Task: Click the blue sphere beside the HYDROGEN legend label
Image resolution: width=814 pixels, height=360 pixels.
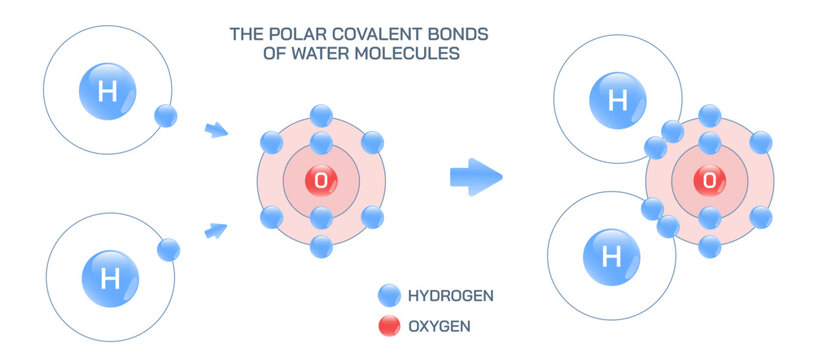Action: (389, 295)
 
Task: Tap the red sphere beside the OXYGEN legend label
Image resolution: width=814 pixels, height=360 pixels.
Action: (389, 326)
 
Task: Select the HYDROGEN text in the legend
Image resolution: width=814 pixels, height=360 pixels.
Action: (450, 295)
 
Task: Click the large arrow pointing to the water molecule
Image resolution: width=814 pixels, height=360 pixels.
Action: (474, 177)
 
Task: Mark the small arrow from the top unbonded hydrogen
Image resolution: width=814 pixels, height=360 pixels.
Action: (215, 130)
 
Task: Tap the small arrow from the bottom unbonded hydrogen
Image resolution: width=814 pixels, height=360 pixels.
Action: (215, 231)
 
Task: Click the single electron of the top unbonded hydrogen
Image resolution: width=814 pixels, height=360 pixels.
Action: (166, 116)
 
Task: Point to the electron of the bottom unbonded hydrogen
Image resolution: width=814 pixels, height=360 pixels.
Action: (168, 250)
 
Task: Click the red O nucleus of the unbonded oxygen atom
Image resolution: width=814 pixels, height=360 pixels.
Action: (321, 181)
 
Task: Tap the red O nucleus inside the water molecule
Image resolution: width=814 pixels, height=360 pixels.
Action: (709, 181)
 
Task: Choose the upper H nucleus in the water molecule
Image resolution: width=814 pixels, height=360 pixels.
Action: (617, 100)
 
